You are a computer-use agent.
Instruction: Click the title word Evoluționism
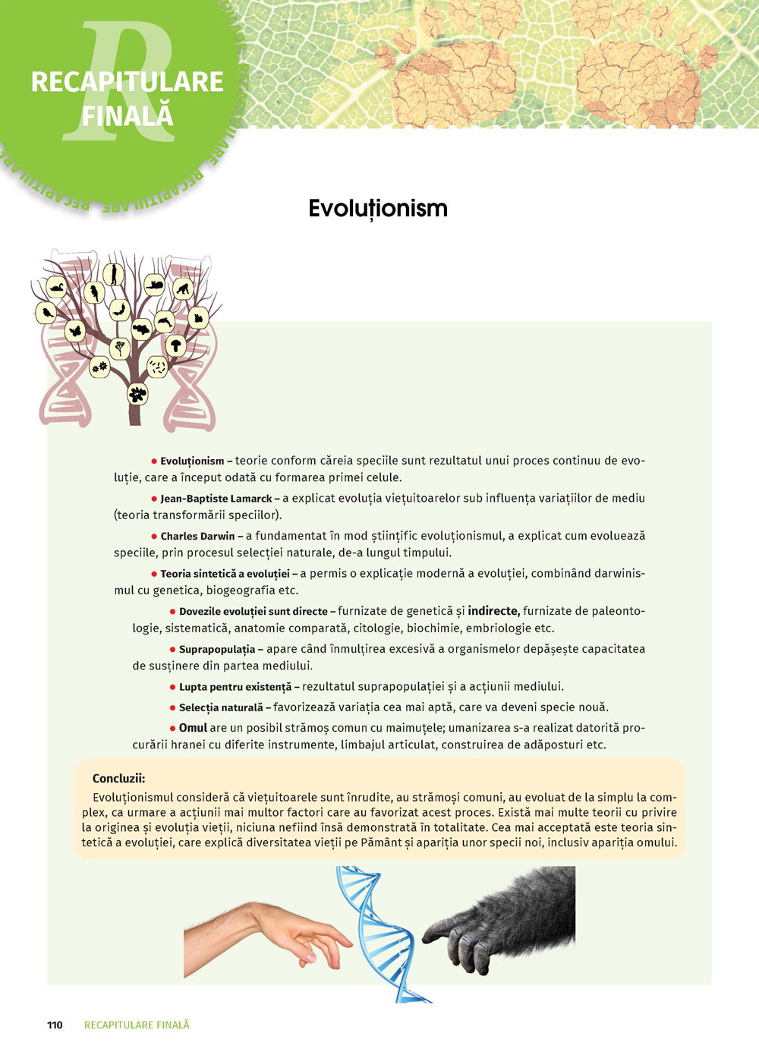click(x=377, y=209)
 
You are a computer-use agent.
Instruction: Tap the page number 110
click(x=55, y=1025)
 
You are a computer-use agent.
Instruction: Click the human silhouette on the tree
click(x=114, y=274)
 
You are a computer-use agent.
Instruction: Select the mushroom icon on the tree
click(x=175, y=346)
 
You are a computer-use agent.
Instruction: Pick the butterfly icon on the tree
click(x=74, y=331)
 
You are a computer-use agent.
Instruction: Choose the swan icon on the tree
click(x=55, y=287)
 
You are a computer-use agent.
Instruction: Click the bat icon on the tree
click(x=118, y=310)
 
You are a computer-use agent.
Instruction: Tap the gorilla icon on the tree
click(x=182, y=289)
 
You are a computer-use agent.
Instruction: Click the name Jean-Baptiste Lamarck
click(x=216, y=499)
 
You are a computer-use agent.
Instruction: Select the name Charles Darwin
click(x=197, y=536)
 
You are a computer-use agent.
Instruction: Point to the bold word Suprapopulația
click(x=217, y=650)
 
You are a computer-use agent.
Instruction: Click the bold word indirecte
click(x=493, y=611)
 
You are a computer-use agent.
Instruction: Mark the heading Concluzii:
click(x=118, y=778)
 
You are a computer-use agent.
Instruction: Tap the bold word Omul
click(x=193, y=728)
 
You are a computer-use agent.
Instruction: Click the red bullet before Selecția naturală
click(x=172, y=708)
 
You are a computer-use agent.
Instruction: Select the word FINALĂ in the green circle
click(x=128, y=116)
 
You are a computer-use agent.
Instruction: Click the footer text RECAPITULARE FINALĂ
click(x=137, y=1025)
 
